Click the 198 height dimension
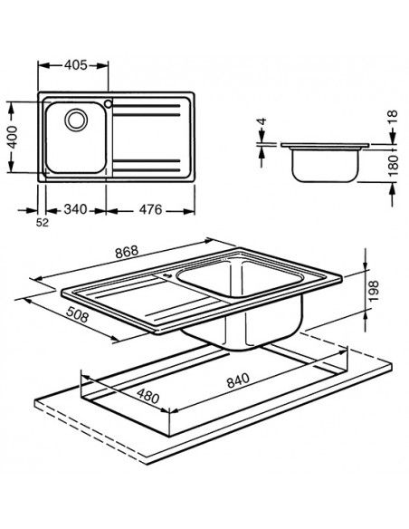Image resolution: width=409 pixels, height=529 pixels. click(379, 292)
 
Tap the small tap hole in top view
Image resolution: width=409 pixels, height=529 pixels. click(109, 103)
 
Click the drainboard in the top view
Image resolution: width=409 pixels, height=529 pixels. click(149, 136)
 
